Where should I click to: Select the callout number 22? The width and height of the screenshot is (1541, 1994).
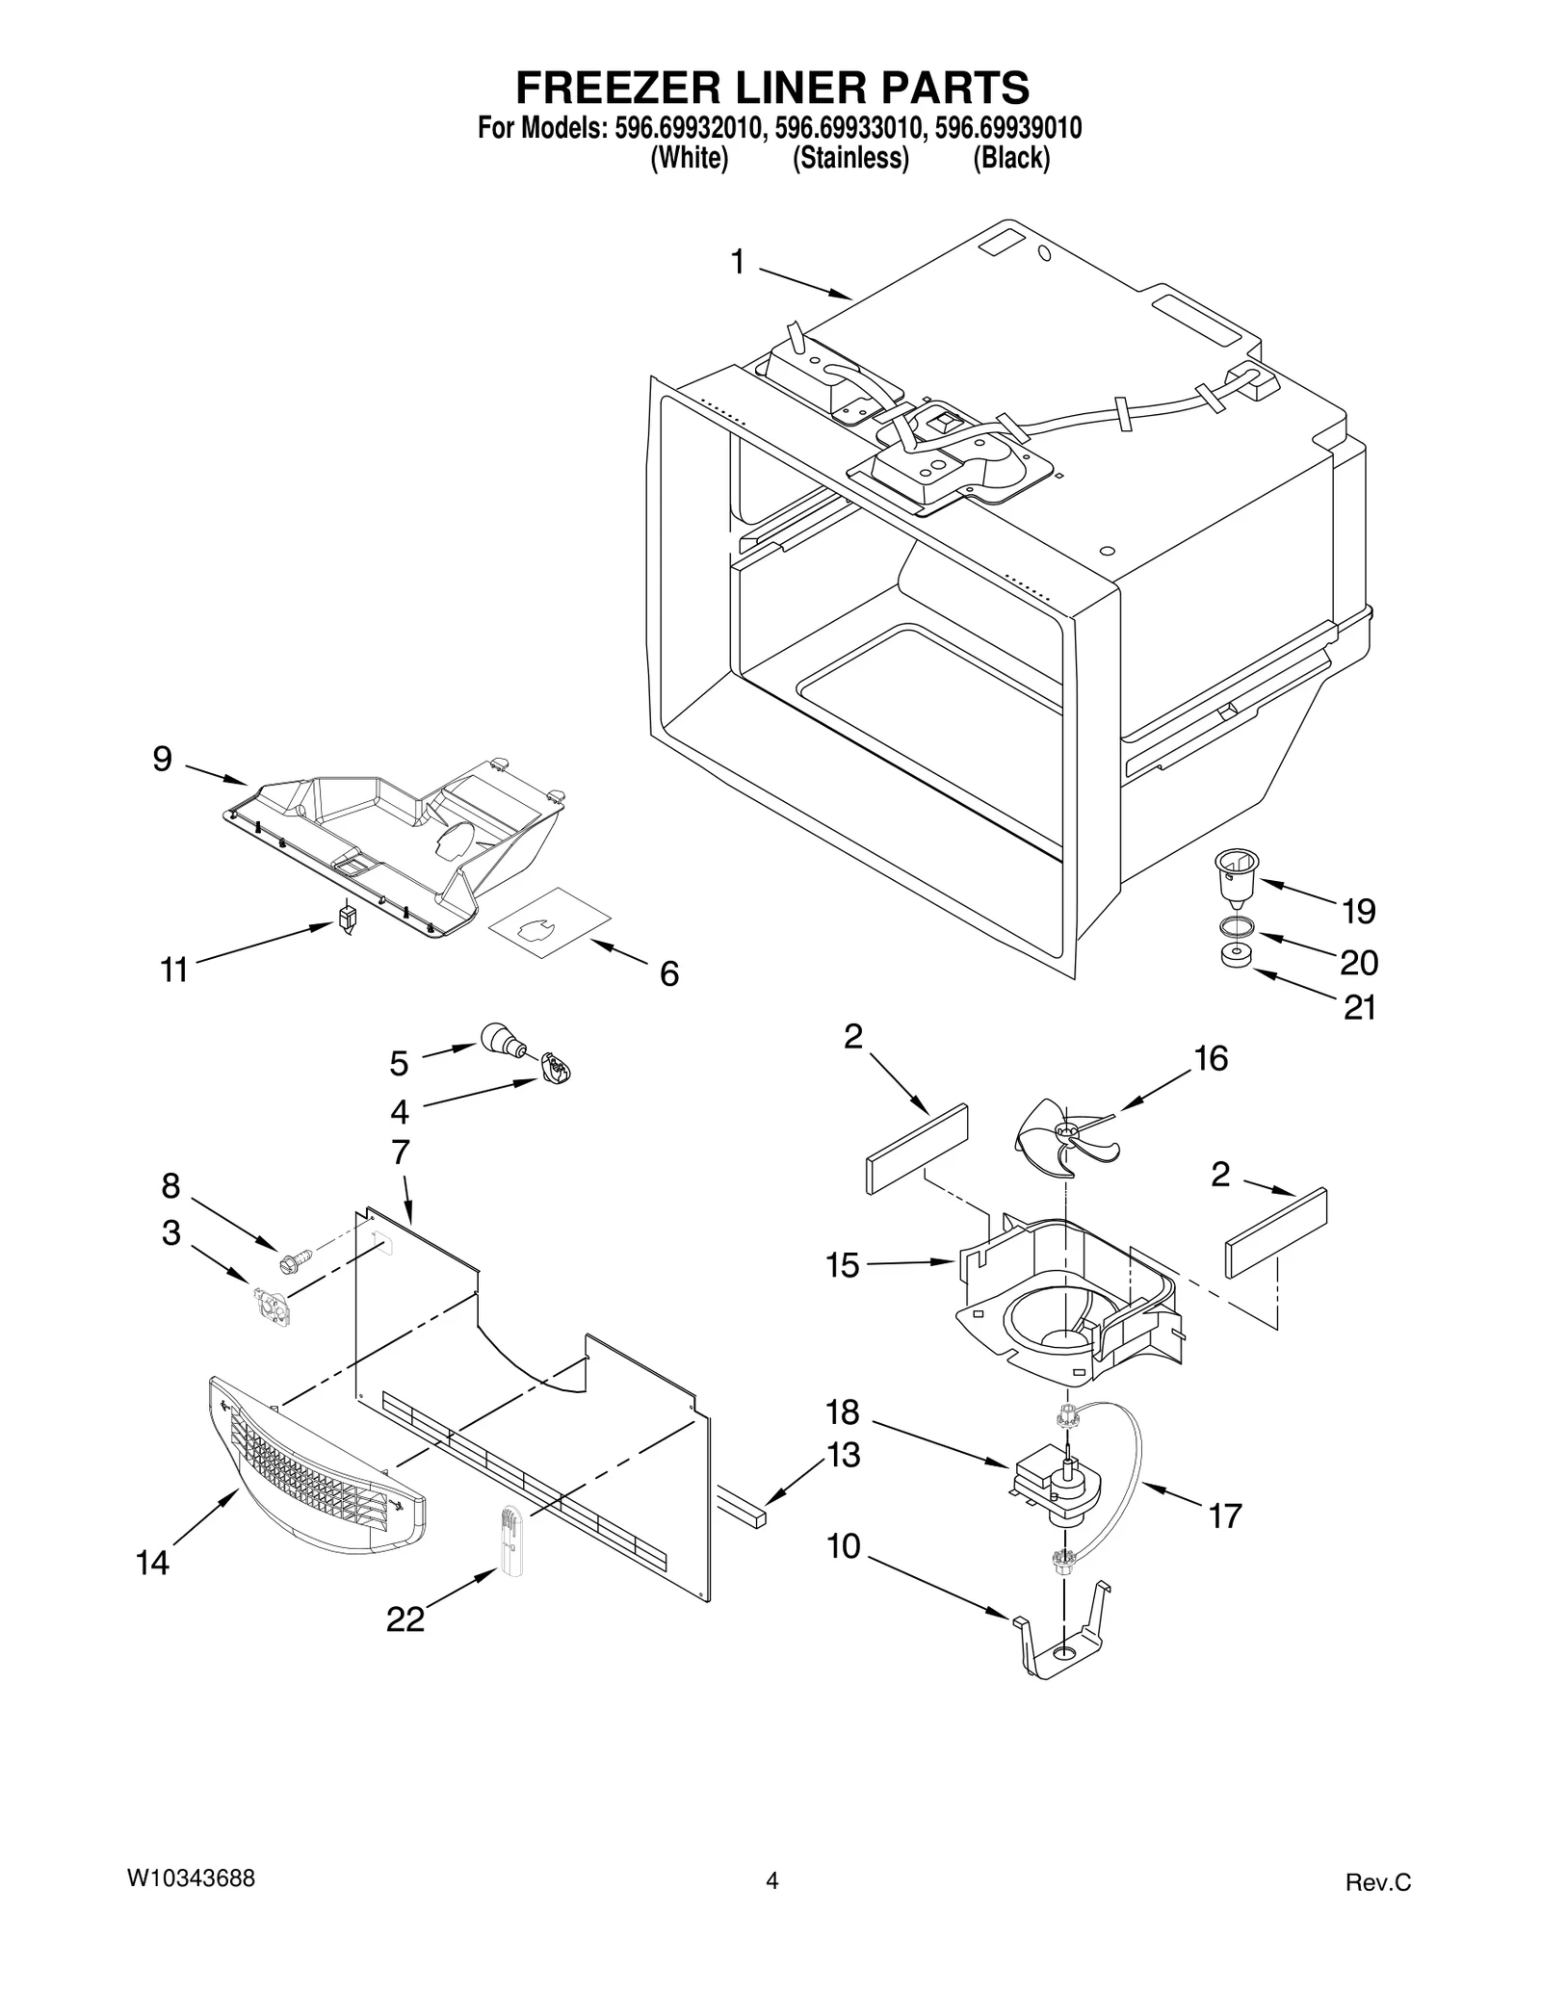[x=405, y=1620]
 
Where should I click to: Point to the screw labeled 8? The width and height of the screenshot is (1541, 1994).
[x=295, y=1257]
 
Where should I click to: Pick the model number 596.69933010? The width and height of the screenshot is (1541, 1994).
[x=849, y=128]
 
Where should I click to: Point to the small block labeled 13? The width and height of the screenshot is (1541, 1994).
[x=743, y=1512]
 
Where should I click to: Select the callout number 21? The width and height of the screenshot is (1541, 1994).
[x=1360, y=1008]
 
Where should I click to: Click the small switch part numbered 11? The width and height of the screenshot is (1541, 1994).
[x=348, y=916]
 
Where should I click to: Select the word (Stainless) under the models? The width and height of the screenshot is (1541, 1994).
[x=850, y=159]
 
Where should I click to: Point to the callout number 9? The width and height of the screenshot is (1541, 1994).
[x=162, y=760]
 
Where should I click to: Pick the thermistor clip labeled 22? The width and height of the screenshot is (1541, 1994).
[x=509, y=1538]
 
